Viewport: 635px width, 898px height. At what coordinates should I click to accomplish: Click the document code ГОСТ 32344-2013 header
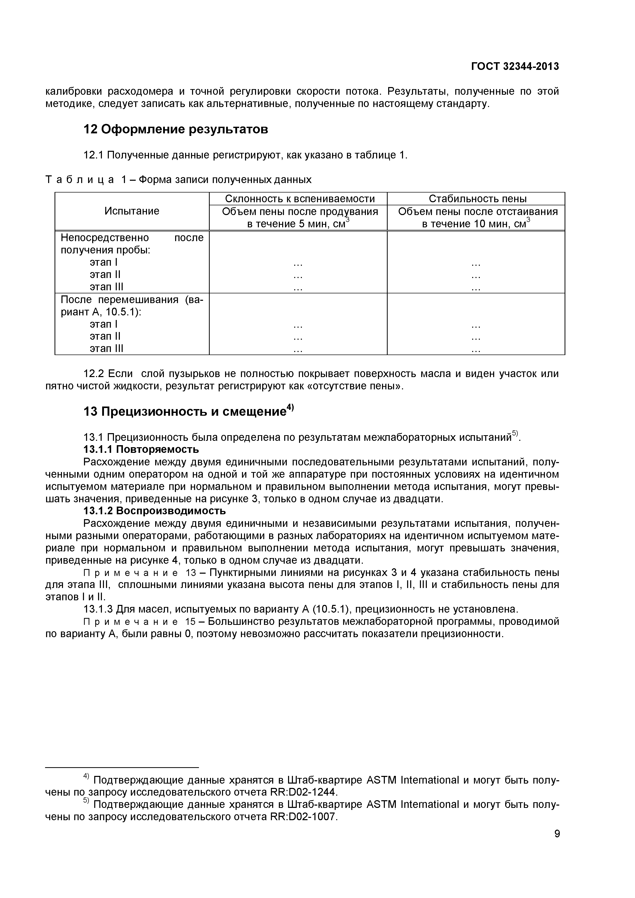point(514,67)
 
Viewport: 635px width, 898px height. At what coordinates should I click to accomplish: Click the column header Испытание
point(132,211)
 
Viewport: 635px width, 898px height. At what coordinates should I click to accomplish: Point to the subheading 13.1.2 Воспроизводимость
point(155,511)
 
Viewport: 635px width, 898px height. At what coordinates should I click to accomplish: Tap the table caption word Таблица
point(80,179)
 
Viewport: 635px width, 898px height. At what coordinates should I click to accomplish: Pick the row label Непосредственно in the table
point(105,238)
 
